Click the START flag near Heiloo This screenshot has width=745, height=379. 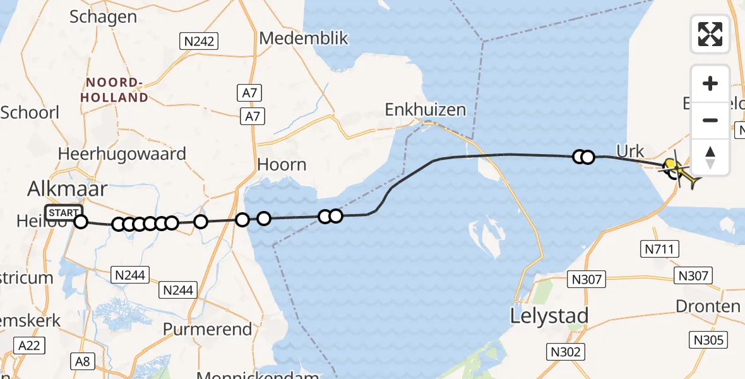[x=64, y=212]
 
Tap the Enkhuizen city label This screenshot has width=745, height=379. [x=426, y=110]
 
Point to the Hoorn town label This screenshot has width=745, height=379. [x=282, y=165]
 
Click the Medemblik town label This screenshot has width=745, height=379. [x=304, y=38]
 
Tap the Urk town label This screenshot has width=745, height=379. [x=631, y=152]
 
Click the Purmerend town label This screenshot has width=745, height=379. [x=207, y=329]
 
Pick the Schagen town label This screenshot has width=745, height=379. [x=104, y=16]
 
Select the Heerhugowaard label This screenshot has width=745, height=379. [x=122, y=153]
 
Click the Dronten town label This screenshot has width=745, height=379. [x=708, y=306]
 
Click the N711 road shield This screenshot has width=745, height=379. [x=660, y=250]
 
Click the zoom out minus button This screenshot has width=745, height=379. [x=710, y=120]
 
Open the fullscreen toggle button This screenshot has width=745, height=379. [x=710, y=33]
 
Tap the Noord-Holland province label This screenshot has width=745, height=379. [x=117, y=90]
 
